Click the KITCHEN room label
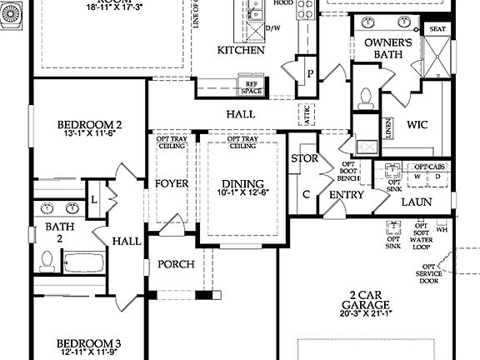[x=241, y=50]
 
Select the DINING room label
[x=242, y=184]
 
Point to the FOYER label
[x=172, y=183]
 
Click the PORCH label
[x=176, y=264]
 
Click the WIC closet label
[x=418, y=126]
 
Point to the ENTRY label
[x=347, y=195]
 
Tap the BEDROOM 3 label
[x=89, y=343]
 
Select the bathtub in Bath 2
[x=84, y=262]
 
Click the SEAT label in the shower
[x=437, y=28]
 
